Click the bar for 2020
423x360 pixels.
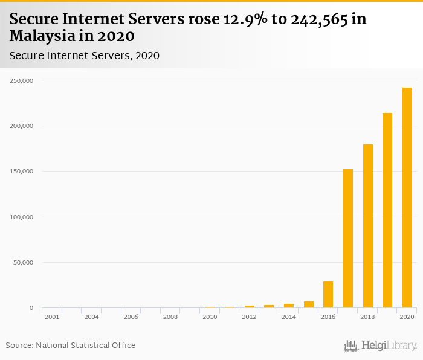pyautogui.click(x=407, y=198)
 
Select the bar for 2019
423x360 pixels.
pyautogui.click(x=387, y=211)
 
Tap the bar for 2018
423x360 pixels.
pyautogui.click(x=368, y=227)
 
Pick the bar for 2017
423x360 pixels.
pyautogui.click(x=348, y=239)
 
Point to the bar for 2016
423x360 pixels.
pyautogui.click(x=328, y=295)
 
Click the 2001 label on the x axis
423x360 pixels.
pyautogui.click(x=52, y=317)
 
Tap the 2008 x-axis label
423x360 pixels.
pyautogui.click(x=170, y=317)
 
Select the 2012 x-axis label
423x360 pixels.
pyautogui.click(x=250, y=317)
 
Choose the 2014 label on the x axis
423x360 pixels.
pyautogui.click(x=289, y=317)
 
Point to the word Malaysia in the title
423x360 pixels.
pyautogui.click(x=45, y=36)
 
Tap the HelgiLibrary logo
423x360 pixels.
pyautogui.click(x=380, y=346)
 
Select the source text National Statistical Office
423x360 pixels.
pyautogui.click(x=86, y=345)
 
